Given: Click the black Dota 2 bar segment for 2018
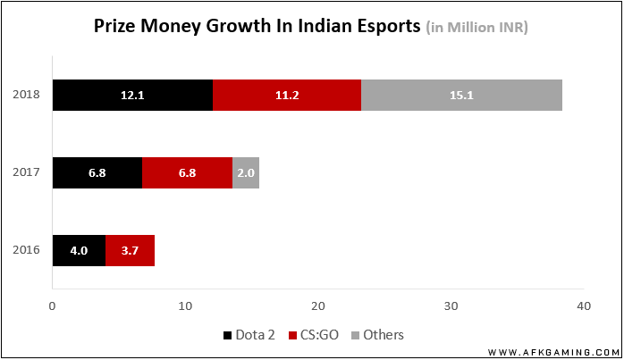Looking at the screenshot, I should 132,95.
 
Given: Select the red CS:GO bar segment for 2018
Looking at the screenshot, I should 287,95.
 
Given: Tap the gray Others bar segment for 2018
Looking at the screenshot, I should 461,95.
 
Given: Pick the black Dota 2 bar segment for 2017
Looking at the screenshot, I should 97,172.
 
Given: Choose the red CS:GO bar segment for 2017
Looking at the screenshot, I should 187,172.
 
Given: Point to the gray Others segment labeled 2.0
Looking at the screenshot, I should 246,172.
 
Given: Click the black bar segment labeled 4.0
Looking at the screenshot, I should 79,250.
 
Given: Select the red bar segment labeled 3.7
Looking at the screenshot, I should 130,250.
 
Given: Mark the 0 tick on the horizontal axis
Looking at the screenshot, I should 53,306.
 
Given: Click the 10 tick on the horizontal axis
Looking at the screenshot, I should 185,306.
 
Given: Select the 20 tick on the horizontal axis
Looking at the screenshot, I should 318,306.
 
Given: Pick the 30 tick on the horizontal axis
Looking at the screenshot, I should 451,306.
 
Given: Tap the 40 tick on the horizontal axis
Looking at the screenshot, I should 583,306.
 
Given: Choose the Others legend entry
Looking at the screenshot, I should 376,335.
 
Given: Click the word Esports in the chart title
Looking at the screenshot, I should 379,27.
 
